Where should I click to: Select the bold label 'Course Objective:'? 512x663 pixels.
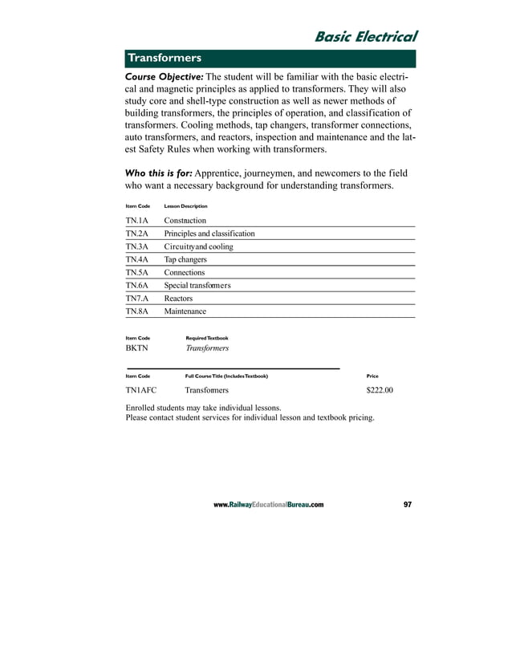pyautogui.click(x=160, y=75)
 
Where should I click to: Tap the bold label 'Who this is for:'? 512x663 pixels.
pyautogui.click(x=157, y=173)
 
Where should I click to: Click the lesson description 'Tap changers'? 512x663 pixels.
pyautogui.click(x=185, y=259)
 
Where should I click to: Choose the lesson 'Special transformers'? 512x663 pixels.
pyautogui.click(x=197, y=286)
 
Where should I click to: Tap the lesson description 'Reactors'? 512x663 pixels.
pyautogui.click(x=178, y=299)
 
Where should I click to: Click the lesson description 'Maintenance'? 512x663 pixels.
pyautogui.click(x=185, y=311)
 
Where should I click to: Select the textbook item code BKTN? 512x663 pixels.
pyautogui.click(x=137, y=349)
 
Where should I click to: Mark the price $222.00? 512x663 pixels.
pyautogui.click(x=379, y=391)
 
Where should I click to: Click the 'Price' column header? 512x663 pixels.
pyautogui.click(x=372, y=376)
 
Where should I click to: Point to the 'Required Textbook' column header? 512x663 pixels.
pyautogui.click(x=206, y=338)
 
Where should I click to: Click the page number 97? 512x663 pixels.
pyautogui.click(x=408, y=505)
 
